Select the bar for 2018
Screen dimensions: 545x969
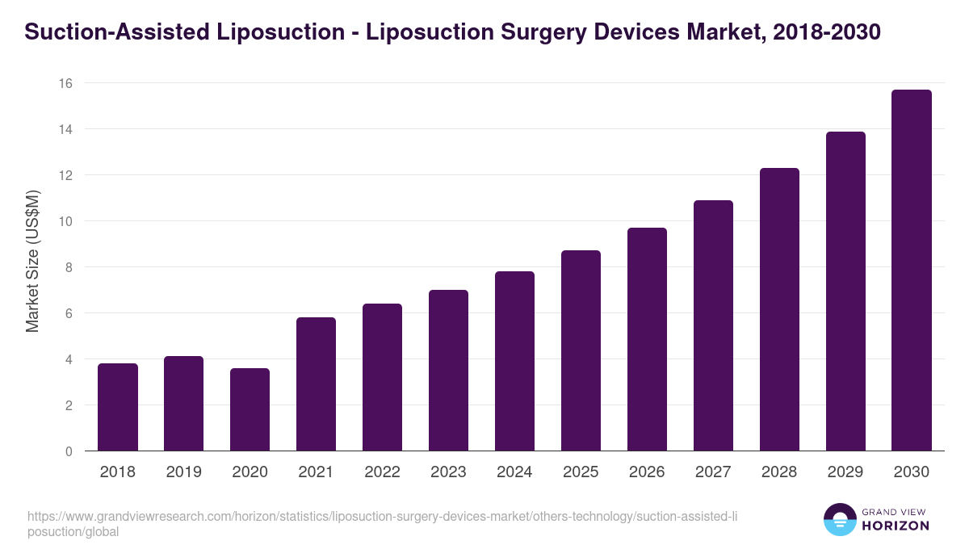coord(118,407)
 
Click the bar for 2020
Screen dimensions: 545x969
coord(250,409)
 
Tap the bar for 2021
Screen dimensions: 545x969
coord(317,384)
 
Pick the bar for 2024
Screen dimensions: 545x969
coord(515,361)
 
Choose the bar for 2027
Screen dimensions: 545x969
coord(713,325)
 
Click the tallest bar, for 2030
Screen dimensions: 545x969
coord(912,270)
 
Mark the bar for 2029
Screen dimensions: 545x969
coord(845,291)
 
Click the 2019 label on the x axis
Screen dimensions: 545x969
coord(184,472)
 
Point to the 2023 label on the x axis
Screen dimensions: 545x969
coord(449,472)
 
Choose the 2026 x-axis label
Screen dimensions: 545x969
coord(647,472)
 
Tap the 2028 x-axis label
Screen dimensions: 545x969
coord(779,472)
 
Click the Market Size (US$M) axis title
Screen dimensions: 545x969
coord(33,261)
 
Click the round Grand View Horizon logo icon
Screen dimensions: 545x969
coord(840,519)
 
